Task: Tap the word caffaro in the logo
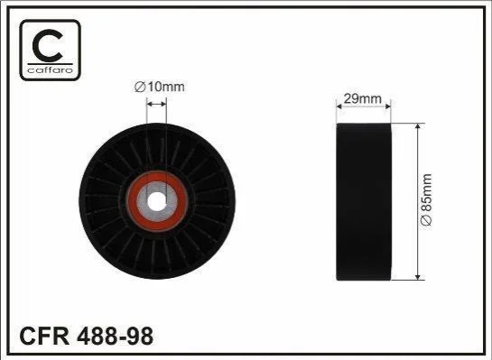(x=51, y=69)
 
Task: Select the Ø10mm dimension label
(x=160, y=87)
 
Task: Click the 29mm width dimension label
(x=363, y=98)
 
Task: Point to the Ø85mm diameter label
(x=426, y=199)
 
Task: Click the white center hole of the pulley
(x=156, y=201)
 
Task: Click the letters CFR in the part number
(x=44, y=336)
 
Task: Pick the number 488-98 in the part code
(x=116, y=336)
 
